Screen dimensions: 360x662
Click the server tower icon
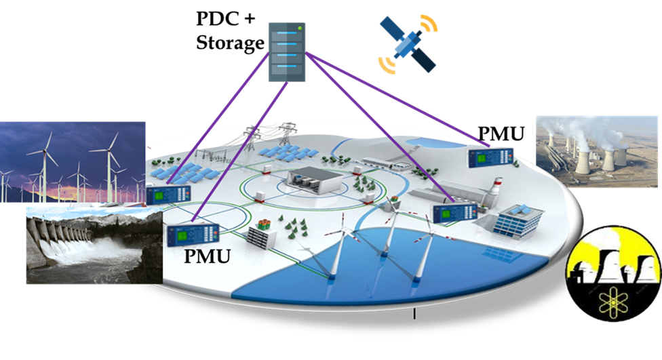(287, 52)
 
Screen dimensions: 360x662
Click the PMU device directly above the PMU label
(193, 236)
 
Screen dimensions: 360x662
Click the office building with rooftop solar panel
(519, 219)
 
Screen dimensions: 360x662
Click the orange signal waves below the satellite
(388, 65)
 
